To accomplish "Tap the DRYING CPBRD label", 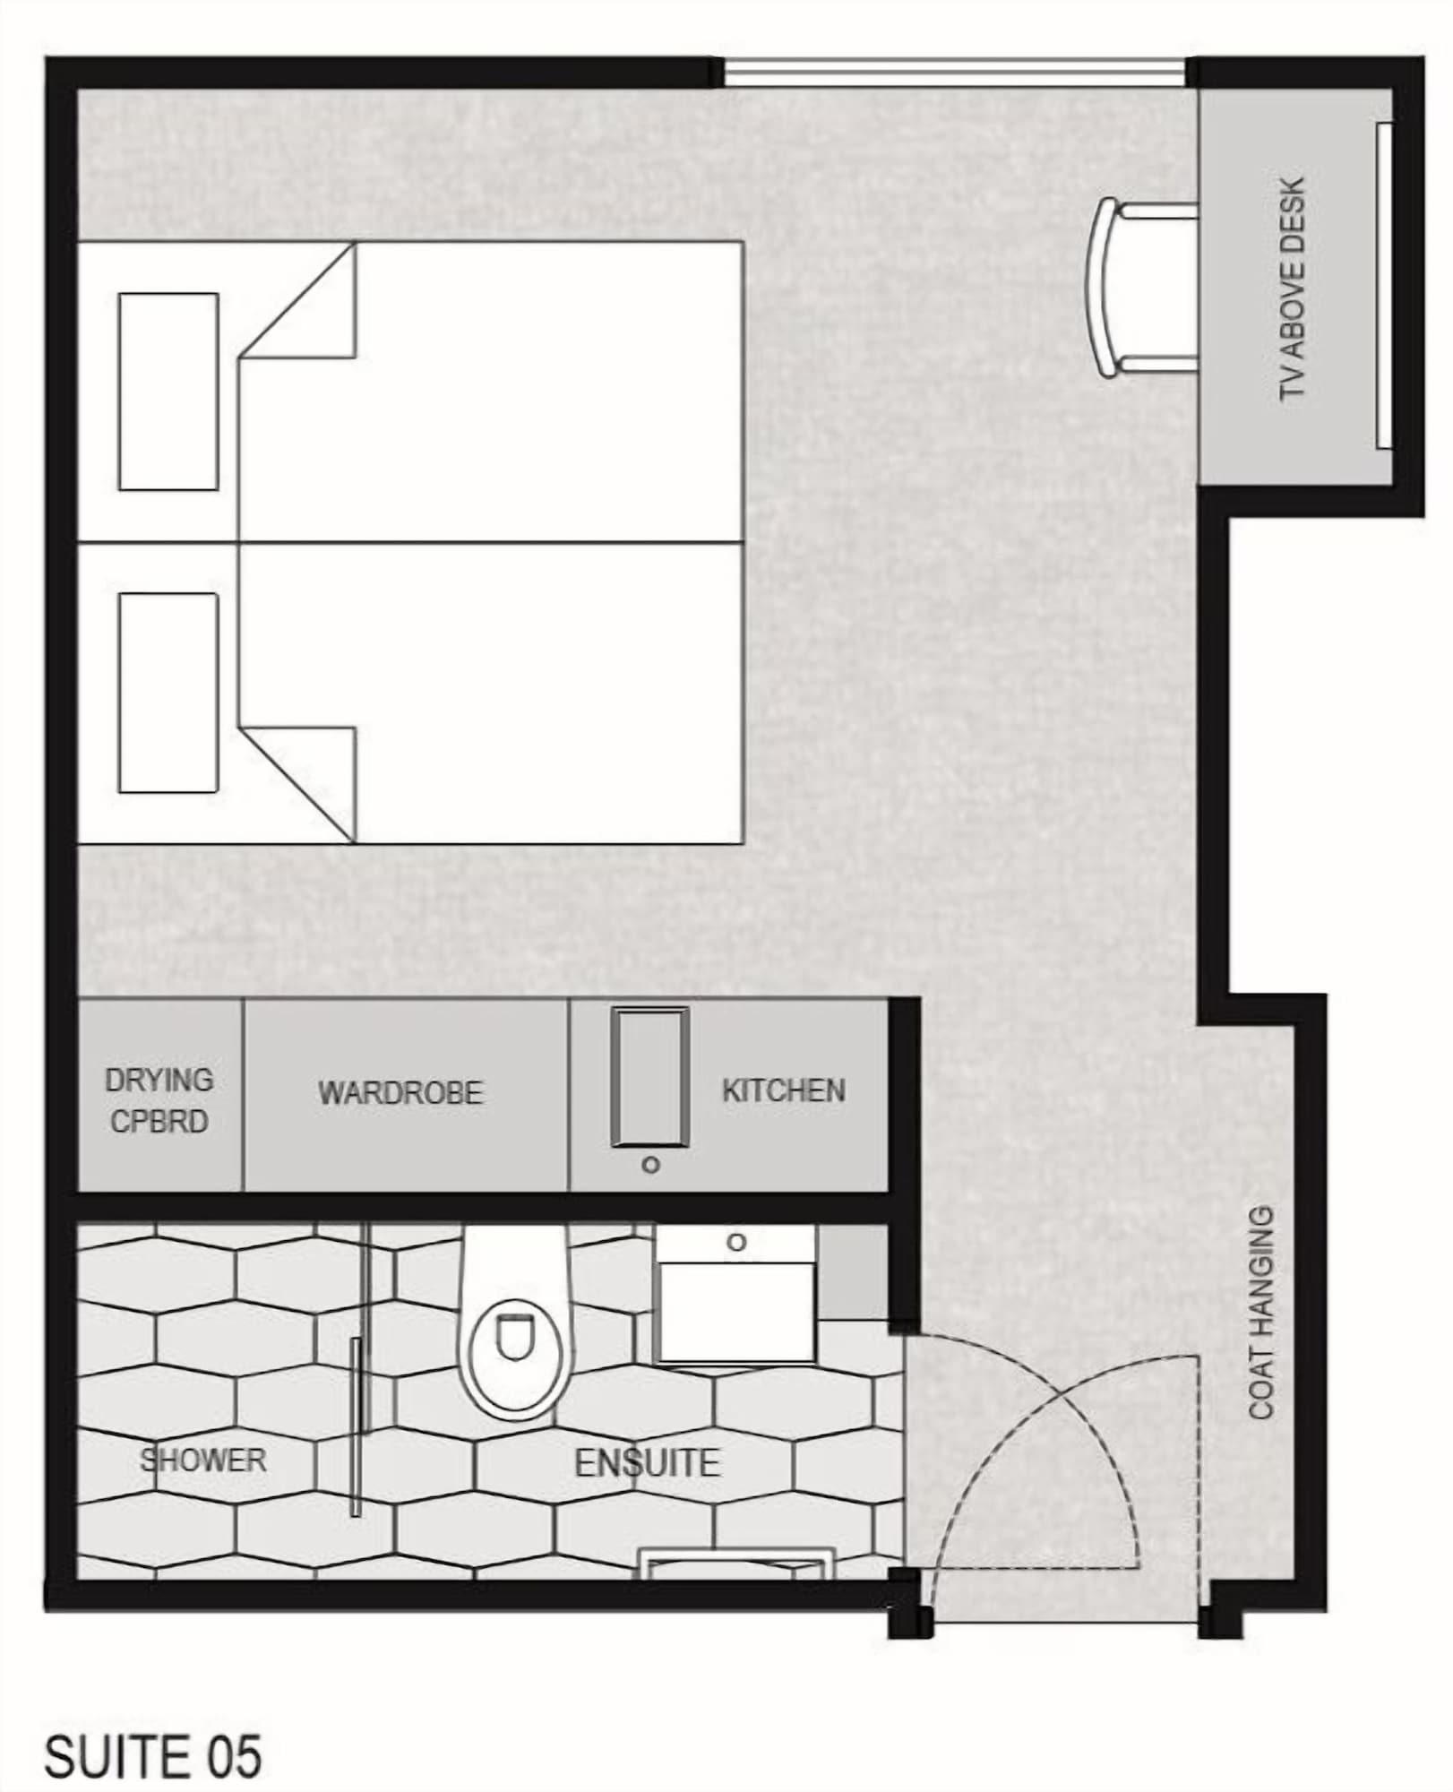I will click(159, 1100).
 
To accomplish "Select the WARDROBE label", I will click(400, 1092).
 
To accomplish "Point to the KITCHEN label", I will click(783, 1090).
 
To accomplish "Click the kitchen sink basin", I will click(650, 1078).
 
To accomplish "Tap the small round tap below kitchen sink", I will click(651, 1165).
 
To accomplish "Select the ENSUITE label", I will click(647, 1463).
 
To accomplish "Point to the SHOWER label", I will click(203, 1460).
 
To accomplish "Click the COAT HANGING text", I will click(1261, 1314).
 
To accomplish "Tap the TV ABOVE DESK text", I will click(1292, 289).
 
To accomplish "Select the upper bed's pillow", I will click(168, 392).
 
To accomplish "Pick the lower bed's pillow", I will click(168, 693).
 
